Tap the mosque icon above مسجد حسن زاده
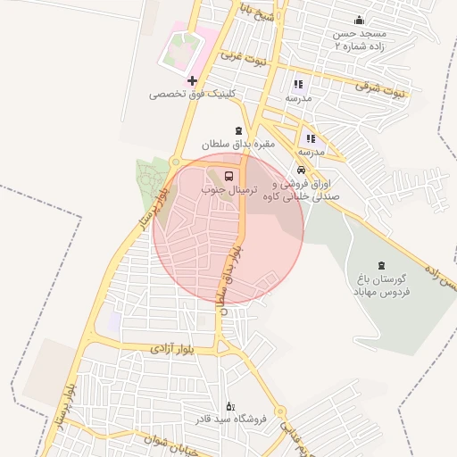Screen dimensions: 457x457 360,21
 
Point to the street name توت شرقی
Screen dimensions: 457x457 379,88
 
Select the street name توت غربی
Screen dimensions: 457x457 244,60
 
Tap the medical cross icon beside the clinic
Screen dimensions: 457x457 191,81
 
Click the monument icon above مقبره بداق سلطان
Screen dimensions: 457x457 237,130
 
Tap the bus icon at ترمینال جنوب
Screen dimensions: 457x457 229,175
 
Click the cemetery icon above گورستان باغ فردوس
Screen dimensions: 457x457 381,264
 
